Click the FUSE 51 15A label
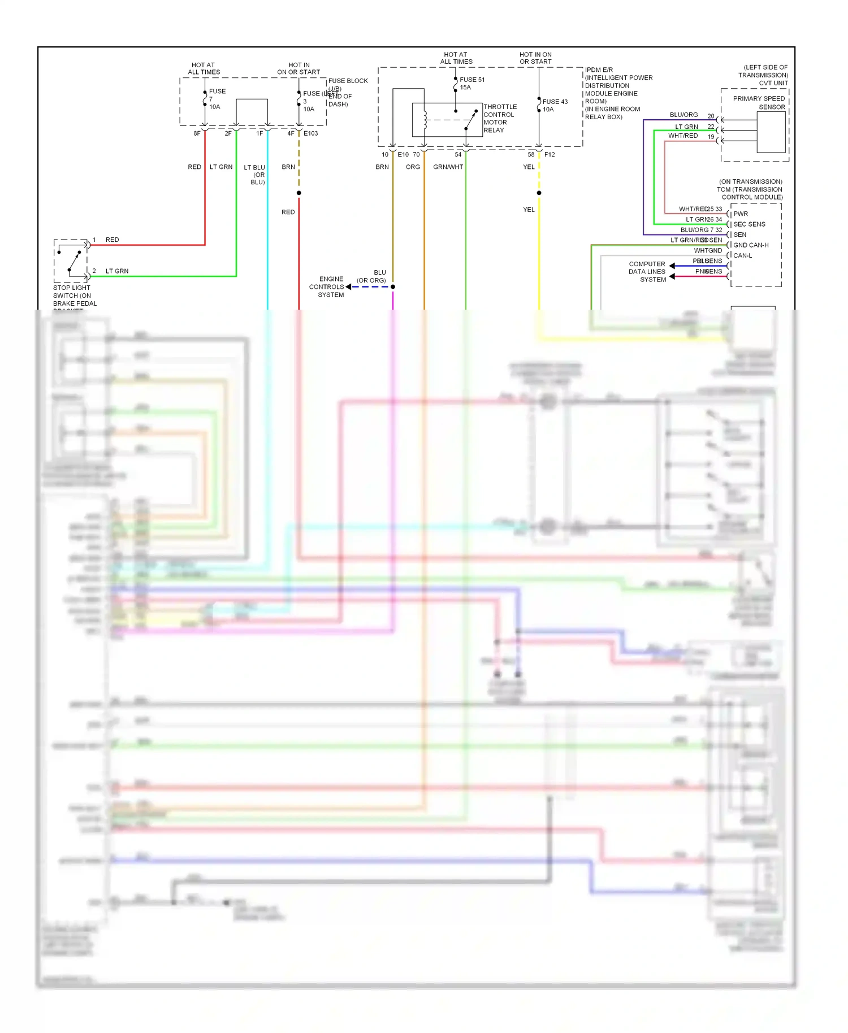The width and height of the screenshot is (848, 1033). coord(471,84)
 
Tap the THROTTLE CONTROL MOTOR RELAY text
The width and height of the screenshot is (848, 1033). coord(499,119)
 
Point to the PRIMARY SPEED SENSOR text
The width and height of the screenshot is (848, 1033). coord(759,103)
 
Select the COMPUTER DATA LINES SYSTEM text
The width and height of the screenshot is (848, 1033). coord(647,272)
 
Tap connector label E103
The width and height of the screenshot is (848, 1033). coord(311,134)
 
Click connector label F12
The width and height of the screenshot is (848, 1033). coord(550,155)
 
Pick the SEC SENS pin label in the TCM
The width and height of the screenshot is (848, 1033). coord(749,224)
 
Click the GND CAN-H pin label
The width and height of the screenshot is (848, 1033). coord(750,245)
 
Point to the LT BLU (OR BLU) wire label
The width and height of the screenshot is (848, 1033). coord(255,175)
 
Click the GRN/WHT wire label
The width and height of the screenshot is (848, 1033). coord(448,167)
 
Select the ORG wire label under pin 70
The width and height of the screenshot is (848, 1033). coord(413,167)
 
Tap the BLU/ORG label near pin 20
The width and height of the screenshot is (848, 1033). coord(683,115)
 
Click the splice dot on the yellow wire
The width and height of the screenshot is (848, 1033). coord(539,193)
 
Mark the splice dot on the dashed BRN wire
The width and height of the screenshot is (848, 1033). coord(299,193)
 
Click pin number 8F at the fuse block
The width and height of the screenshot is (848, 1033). coord(197,134)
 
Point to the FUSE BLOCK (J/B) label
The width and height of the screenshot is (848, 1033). coord(348,85)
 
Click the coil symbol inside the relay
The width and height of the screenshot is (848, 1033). coord(425,120)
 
